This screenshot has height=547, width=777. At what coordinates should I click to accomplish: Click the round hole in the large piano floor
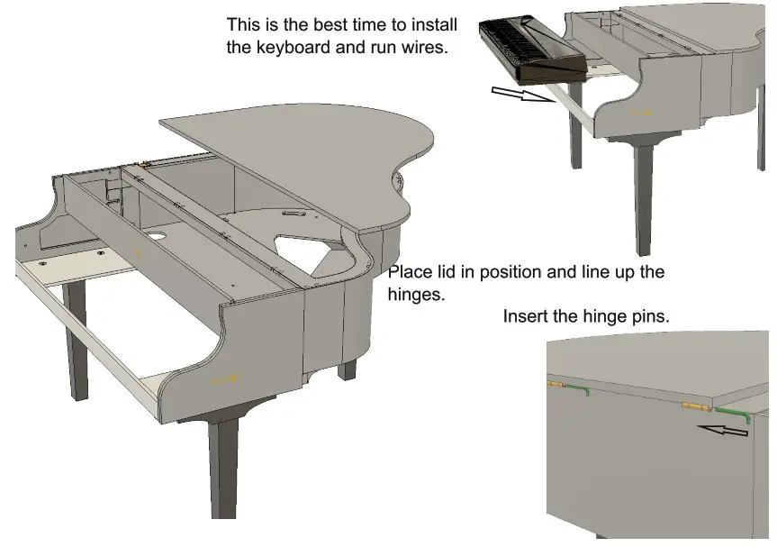(156, 237)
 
